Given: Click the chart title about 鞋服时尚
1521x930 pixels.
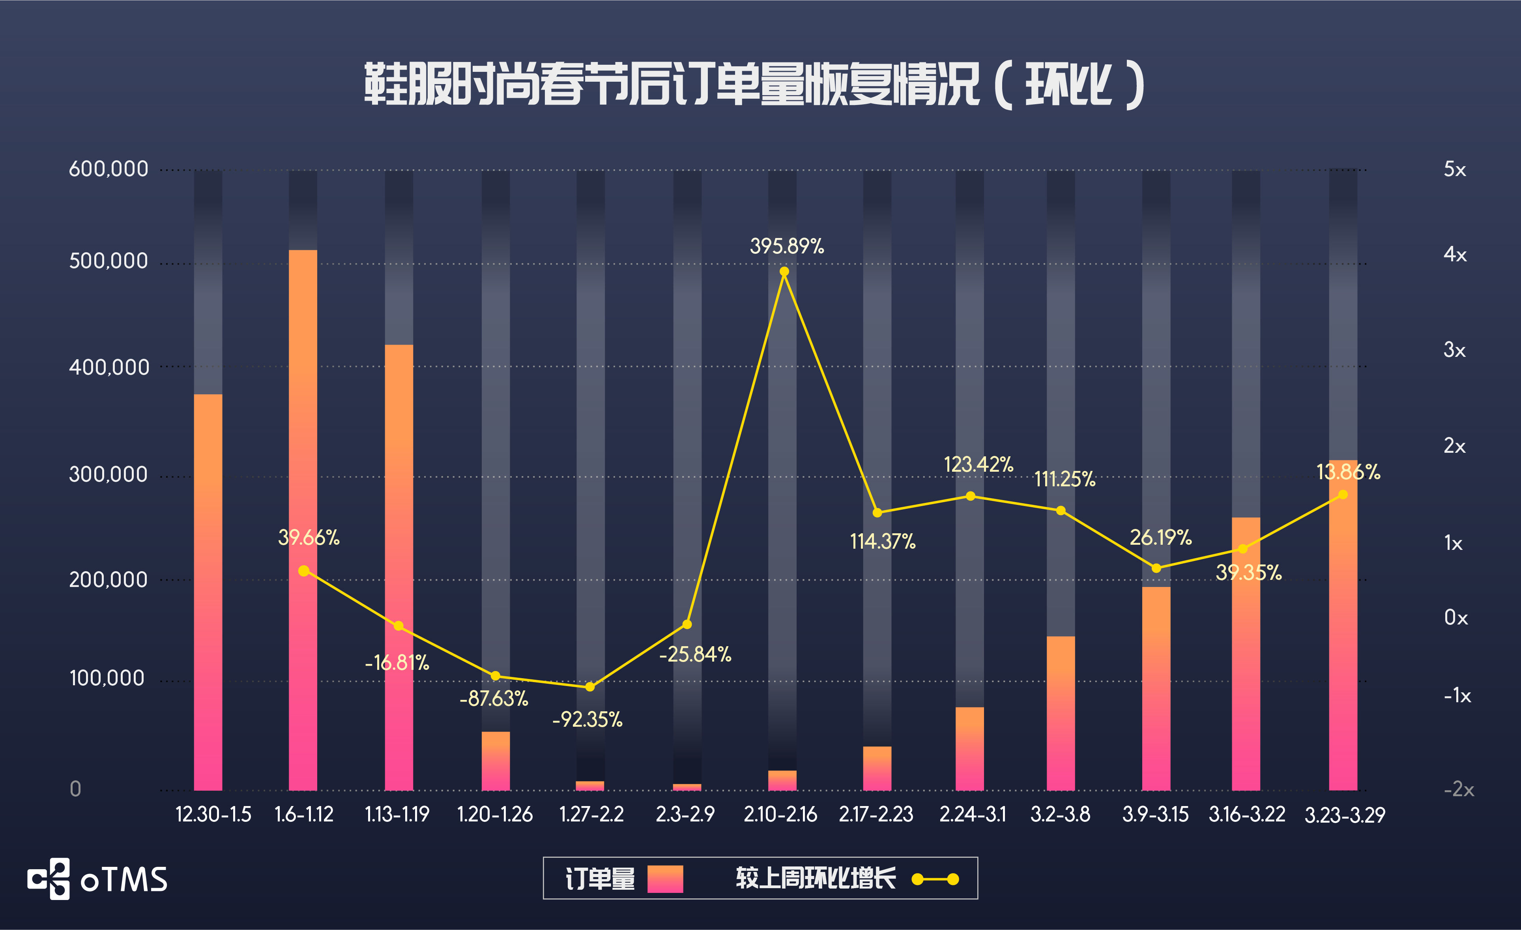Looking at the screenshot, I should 754,84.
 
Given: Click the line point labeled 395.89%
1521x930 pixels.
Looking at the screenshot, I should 784,272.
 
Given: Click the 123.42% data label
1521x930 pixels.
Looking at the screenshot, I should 978,464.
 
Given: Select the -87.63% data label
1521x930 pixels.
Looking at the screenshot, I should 494,698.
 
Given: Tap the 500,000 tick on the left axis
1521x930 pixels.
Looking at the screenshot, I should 109,261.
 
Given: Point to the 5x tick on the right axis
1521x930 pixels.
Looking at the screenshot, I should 1454,169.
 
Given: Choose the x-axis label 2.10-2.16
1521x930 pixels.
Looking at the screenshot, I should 780,814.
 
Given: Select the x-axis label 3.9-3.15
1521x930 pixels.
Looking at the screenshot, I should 1155,814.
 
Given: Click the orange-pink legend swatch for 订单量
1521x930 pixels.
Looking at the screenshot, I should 665,879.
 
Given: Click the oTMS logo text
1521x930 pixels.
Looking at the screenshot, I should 123,879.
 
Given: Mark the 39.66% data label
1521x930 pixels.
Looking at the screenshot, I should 309,537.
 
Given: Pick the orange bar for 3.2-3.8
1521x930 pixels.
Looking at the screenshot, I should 1061,713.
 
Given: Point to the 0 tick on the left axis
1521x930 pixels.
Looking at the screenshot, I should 75,789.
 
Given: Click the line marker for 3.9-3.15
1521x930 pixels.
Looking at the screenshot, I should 1156,568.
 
